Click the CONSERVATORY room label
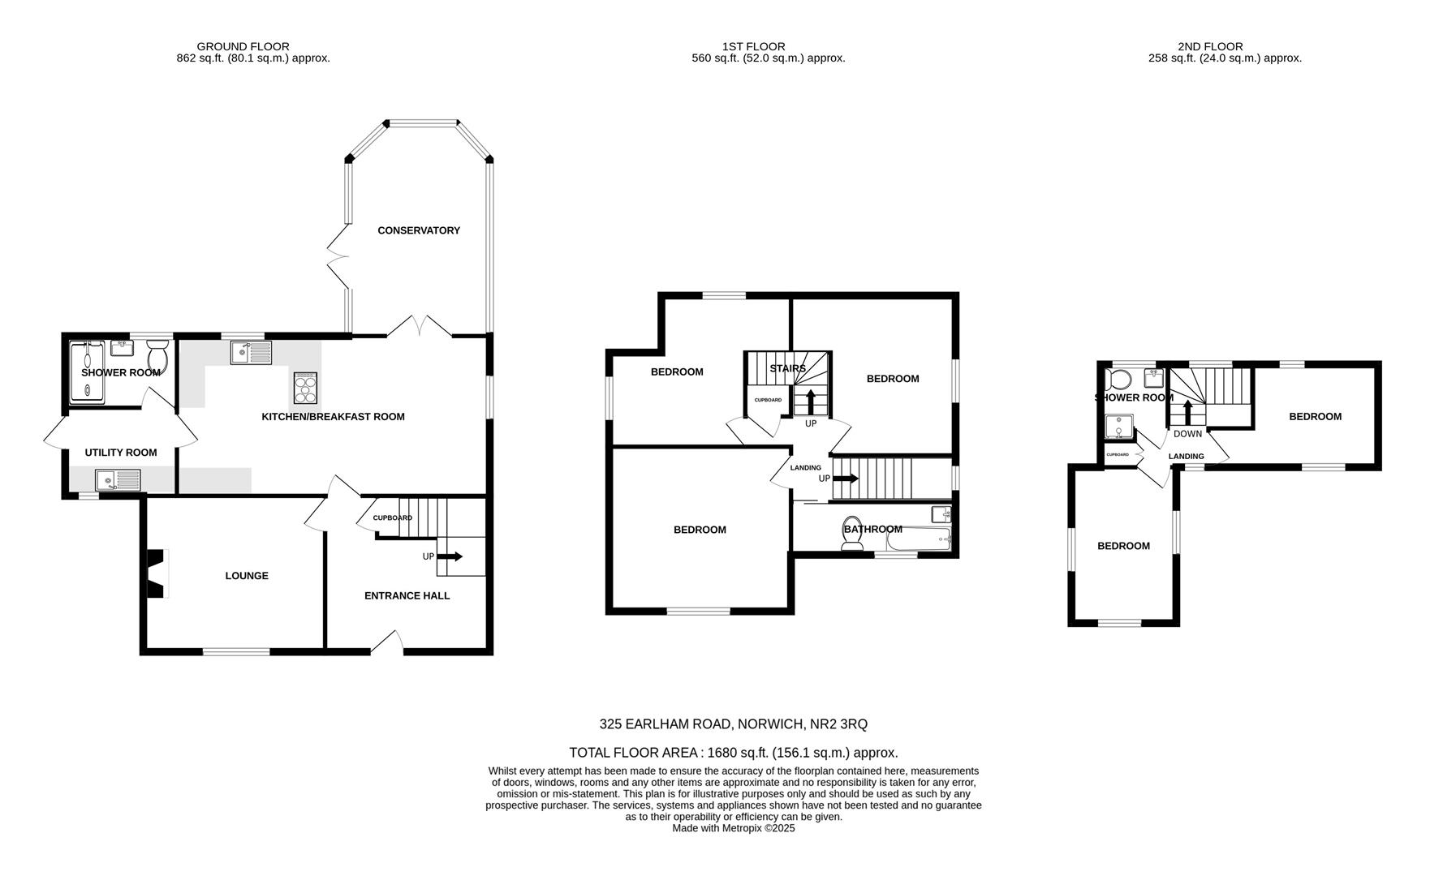419,230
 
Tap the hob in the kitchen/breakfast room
305,388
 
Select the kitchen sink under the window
251,353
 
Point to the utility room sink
118,480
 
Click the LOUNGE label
247,576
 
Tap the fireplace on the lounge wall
155,573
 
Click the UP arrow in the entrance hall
451,556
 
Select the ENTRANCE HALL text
407,595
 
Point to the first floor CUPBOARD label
768,400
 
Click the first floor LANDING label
806,468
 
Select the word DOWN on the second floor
1187,434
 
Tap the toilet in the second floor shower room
1119,380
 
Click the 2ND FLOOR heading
1210,47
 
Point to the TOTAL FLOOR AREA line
733,753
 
